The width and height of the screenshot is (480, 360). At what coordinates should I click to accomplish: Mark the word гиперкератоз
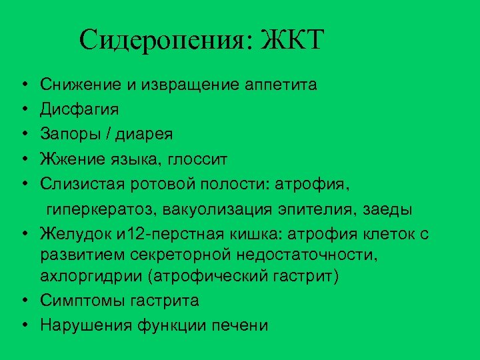point(99,209)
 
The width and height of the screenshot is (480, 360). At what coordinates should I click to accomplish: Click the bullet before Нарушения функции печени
point(23,325)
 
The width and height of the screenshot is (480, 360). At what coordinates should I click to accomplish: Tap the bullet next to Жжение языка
point(23,159)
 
